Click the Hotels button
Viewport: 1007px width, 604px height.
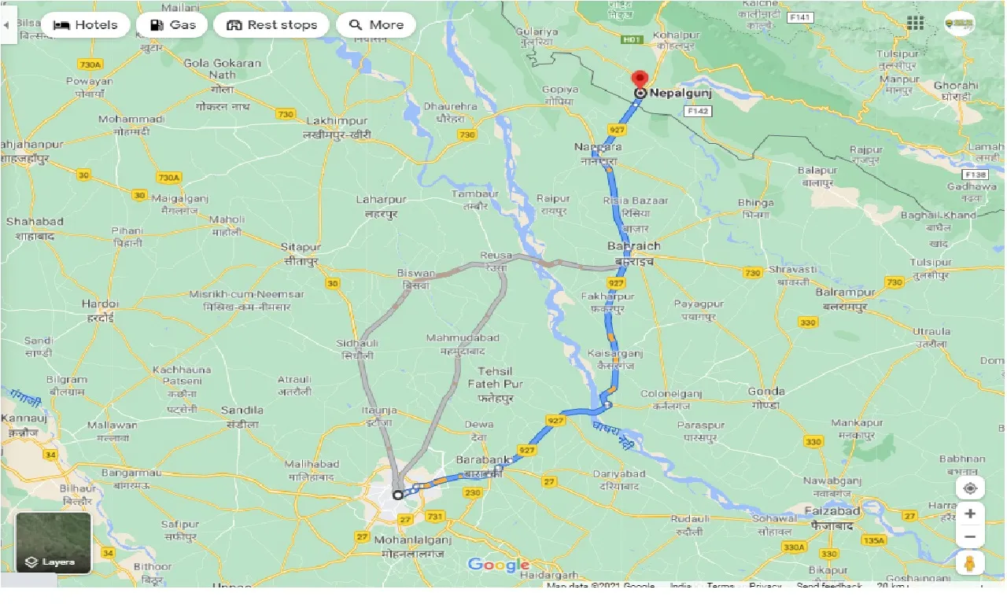[x=85, y=25]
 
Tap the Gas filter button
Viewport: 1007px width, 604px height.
[x=172, y=25]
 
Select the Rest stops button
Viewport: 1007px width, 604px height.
[x=271, y=25]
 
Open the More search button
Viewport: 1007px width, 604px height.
[x=376, y=25]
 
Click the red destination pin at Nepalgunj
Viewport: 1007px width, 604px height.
[x=640, y=79]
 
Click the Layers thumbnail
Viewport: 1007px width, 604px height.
[x=53, y=543]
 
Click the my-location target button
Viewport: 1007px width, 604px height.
[x=970, y=488]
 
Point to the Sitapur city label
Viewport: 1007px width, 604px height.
[x=301, y=247]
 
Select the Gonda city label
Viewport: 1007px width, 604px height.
[x=766, y=391]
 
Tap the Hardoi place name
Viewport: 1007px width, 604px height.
[x=101, y=304]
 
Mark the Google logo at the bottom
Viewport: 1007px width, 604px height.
[x=499, y=565]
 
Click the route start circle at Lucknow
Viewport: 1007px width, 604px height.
[x=397, y=495]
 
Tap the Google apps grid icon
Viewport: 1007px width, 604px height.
[x=915, y=23]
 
